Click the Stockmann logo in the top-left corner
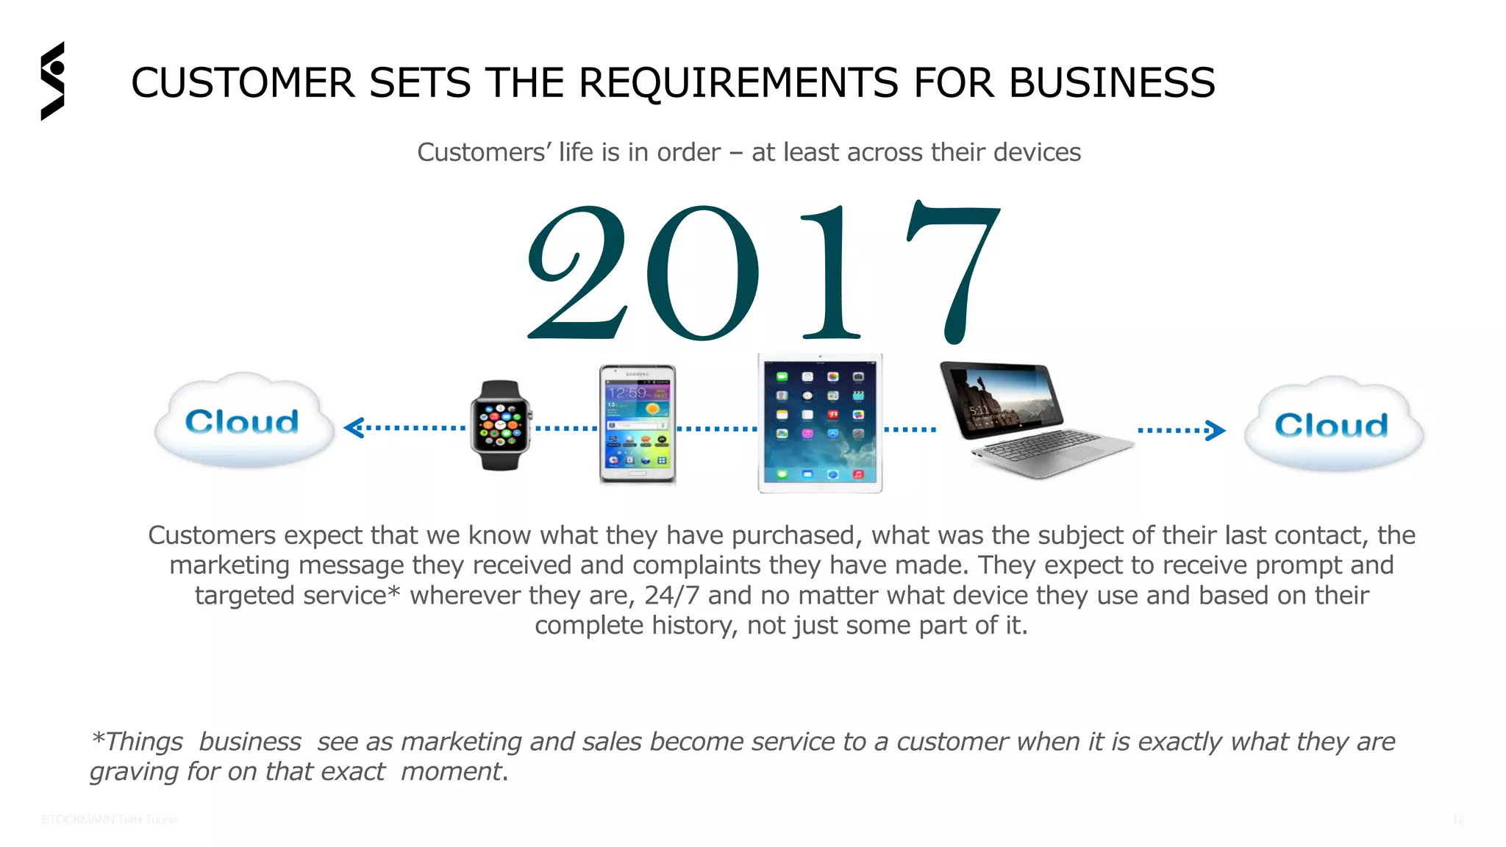(x=53, y=81)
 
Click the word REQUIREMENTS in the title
(x=738, y=82)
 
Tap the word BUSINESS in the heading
(x=1112, y=82)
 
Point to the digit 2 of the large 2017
(x=578, y=272)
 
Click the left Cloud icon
(x=243, y=421)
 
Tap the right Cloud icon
(x=1332, y=425)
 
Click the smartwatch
(x=500, y=425)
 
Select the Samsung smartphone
(x=637, y=424)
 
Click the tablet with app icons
(x=820, y=423)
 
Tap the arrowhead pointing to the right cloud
(x=1216, y=430)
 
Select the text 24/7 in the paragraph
(x=671, y=596)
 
